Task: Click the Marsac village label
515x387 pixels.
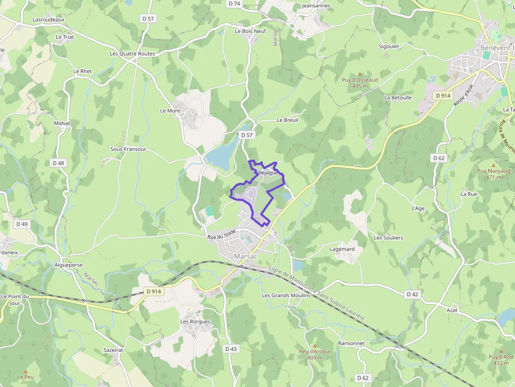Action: pyautogui.click(x=245, y=256)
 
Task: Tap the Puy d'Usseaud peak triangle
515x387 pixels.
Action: pyautogui.click(x=360, y=74)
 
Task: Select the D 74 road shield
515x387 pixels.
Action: pyautogui.click(x=234, y=4)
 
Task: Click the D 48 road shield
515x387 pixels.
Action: pyautogui.click(x=58, y=163)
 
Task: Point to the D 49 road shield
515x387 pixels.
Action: pyautogui.click(x=22, y=224)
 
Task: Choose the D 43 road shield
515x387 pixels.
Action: pyautogui.click(x=231, y=349)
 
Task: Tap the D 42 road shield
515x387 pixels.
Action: pyautogui.click(x=413, y=294)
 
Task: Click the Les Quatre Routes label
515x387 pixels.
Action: pyautogui.click(x=132, y=54)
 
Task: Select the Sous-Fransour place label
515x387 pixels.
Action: pyautogui.click(x=128, y=149)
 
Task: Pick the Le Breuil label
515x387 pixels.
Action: pyautogui.click(x=287, y=120)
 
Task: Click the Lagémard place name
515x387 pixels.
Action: pyautogui.click(x=342, y=249)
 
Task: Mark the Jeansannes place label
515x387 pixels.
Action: pyautogui.click(x=316, y=6)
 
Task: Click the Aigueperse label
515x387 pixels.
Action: pyautogui.click(x=69, y=265)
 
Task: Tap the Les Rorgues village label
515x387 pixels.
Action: pyautogui.click(x=195, y=321)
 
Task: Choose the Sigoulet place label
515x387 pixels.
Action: pyautogui.click(x=389, y=46)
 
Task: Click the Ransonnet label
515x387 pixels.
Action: pyautogui.click(x=352, y=343)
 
